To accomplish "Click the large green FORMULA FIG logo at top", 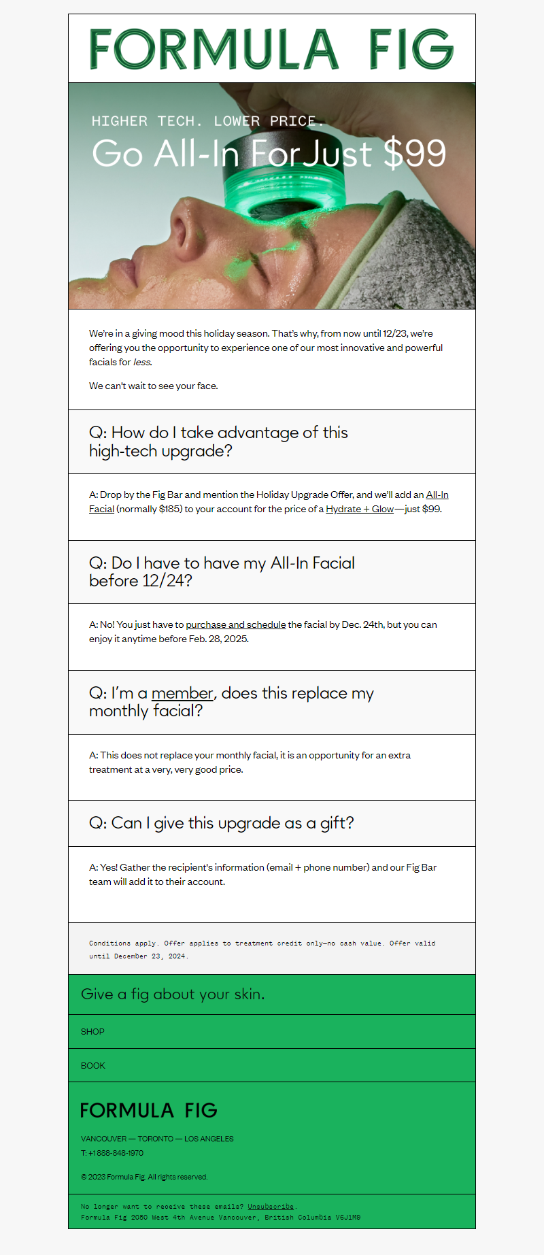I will tap(271, 49).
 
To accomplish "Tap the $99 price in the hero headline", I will tap(415, 153).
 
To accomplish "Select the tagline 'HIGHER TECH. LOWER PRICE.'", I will tap(207, 121).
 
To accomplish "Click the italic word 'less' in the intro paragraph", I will tap(141, 363).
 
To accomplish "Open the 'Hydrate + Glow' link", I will tap(360, 509).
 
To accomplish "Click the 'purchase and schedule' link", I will tap(235, 625).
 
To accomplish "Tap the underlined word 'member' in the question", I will tap(182, 693).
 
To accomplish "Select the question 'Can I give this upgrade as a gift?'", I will tap(222, 823).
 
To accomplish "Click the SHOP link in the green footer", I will tap(92, 1032).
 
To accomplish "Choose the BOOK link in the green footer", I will tap(93, 1066).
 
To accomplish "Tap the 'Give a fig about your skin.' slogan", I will tap(173, 994).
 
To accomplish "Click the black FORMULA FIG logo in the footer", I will tap(149, 1111).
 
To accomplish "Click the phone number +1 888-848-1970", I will tap(116, 1153).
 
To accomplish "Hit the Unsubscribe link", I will tap(271, 1207).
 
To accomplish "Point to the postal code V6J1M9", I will tap(347, 1218).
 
